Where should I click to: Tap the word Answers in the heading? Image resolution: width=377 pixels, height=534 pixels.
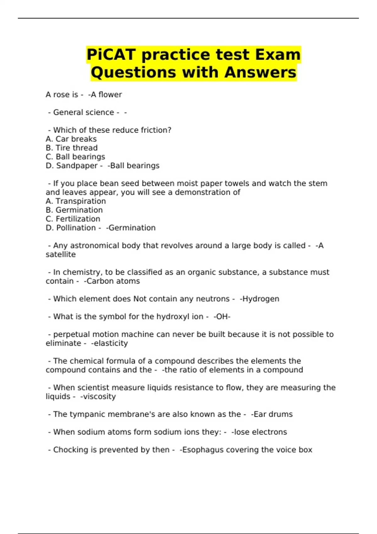click(260, 72)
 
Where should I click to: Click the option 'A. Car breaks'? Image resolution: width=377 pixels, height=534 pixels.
click(71, 139)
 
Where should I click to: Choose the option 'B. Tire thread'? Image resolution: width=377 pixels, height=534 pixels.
click(72, 148)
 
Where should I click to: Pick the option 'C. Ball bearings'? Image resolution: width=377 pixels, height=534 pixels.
click(75, 156)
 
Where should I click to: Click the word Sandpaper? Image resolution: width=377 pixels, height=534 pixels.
click(77, 166)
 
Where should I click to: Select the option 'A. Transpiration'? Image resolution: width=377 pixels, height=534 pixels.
click(76, 201)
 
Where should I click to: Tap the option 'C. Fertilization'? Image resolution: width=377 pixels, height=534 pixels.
click(73, 219)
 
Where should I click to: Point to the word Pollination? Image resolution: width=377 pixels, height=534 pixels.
click(76, 228)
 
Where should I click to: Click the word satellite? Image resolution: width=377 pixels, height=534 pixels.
click(61, 254)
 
